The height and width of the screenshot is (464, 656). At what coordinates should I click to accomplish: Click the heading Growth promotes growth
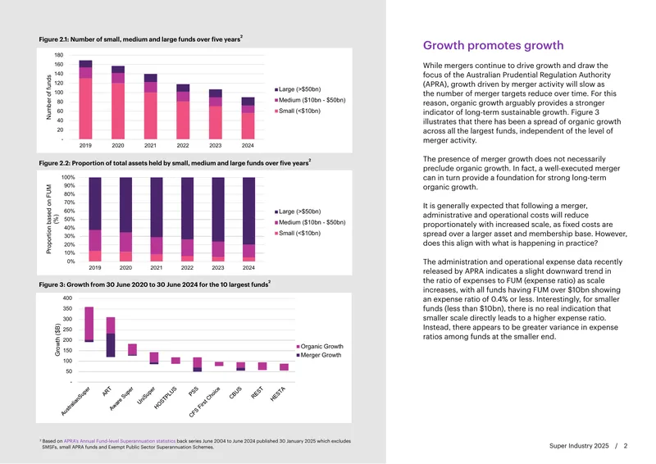[493, 45]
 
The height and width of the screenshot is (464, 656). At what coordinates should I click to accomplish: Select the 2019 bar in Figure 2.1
[85, 99]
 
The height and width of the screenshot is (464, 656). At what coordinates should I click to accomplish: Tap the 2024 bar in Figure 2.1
[248, 118]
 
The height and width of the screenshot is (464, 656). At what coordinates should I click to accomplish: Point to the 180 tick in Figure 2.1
[58, 55]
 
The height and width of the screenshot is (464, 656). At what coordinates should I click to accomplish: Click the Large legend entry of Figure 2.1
[298, 89]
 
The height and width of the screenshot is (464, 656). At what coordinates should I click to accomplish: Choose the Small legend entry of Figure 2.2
[298, 233]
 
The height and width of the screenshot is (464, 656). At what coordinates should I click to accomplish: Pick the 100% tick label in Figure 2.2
[68, 177]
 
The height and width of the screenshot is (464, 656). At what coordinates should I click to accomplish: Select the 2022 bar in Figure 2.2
[187, 220]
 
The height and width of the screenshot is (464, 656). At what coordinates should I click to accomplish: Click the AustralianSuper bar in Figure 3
[89, 325]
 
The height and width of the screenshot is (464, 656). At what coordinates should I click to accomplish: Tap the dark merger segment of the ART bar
[111, 345]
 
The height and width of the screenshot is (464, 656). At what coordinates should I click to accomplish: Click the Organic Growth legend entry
[320, 347]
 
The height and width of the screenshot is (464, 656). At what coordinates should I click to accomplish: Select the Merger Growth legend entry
[319, 355]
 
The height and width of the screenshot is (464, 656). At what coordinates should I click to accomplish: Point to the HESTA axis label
[278, 393]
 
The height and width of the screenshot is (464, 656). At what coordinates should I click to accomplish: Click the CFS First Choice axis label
[204, 402]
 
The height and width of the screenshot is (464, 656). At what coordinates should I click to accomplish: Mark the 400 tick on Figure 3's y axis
[67, 298]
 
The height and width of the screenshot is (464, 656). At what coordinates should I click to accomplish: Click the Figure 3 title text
[154, 284]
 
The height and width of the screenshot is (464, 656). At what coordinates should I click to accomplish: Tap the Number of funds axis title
[49, 97]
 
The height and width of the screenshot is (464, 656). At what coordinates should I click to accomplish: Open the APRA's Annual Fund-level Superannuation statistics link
[120, 441]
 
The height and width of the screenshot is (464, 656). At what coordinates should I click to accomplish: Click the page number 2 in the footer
[626, 446]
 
